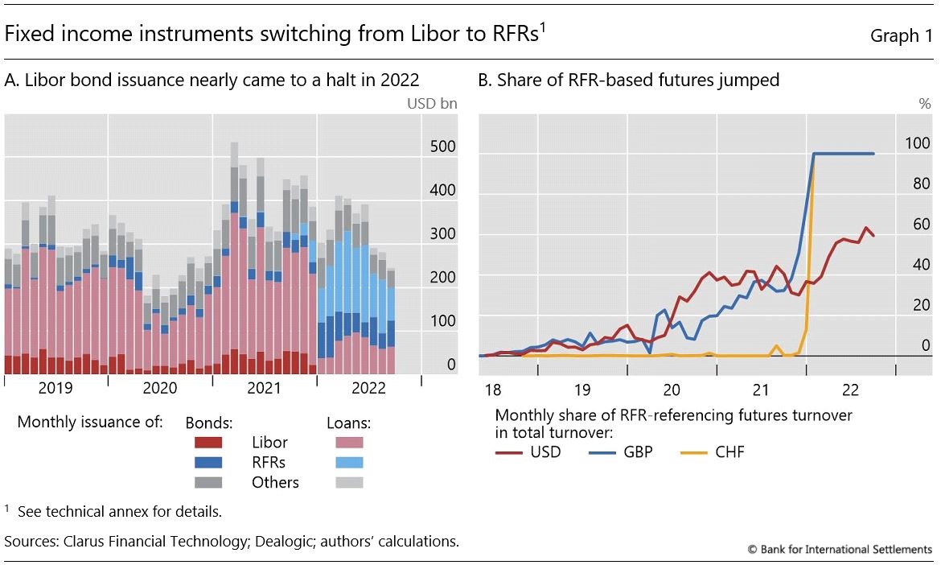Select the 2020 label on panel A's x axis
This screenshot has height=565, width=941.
tap(160, 388)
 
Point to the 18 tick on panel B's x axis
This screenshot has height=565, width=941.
tap(492, 390)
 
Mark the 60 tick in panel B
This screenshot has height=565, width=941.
tap(920, 224)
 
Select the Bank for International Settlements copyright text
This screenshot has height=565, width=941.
tap(840, 550)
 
